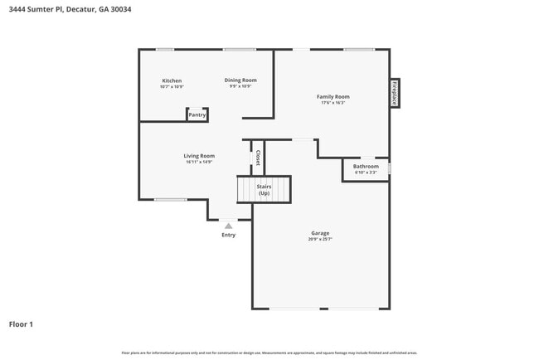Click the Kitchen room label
click(172, 80)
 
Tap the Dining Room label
click(240, 80)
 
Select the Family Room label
click(333, 97)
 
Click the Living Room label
click(199, 156)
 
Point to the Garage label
click(320, 233)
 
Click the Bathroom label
click(366, 167)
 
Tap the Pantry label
click(197, 115)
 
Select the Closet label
click(257, 158)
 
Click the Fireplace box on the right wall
click(395, 93)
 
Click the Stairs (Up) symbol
click(264, 190)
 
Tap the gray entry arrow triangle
click(228, 225)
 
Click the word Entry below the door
click(228, 235)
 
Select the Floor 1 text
click(21, 324)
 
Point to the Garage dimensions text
click(320, 240)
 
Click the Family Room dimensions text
click(333, 103)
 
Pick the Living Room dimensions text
click(199, 162)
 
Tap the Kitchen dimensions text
click(172, 86)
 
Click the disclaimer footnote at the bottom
click(269, 353)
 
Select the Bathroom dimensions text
click(366, 173)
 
